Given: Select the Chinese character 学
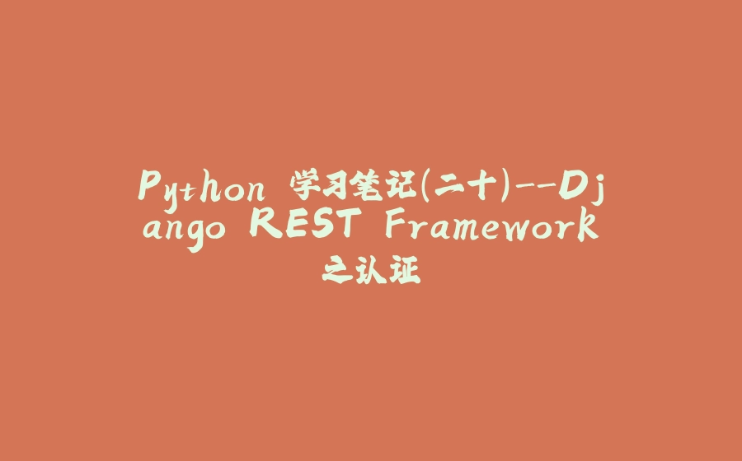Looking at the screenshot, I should pyautogui.click(x=300, y=186).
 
